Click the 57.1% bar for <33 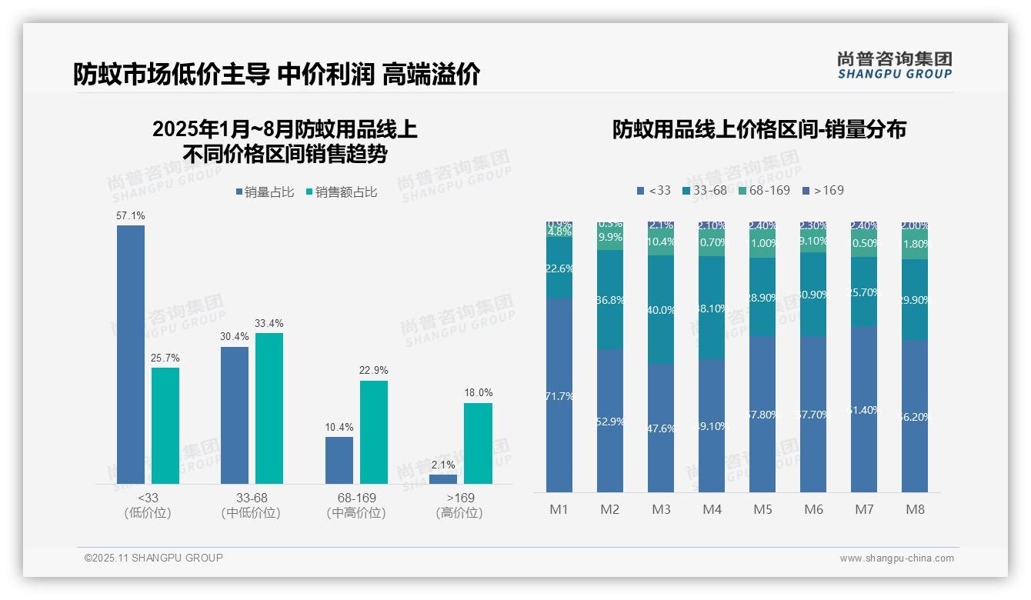pyautogui.click(x=131, y=354)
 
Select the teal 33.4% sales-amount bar pyautogui.click(x=269, y=408)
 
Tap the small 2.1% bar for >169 pyautogui.click(x=443, y=479)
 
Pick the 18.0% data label pyautogui.click(x=478, y=392)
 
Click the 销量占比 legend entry pyautogui.click(x=265, y=192)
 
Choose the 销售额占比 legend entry pyautogui.click(x=342, y=192)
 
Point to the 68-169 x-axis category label pyautogui.click(x=356, y=505)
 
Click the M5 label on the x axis pyautogui.click(x=762, y=509)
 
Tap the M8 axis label pyautogui.click(x=915, y=509)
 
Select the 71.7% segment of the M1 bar pyautogui.click(x=559, y=396)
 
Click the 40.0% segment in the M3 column pyautogui.click(x=661, y=310)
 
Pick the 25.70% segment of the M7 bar pyautogui.click(x=864, y=292)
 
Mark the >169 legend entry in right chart pyautogui.click(x=822, y=190)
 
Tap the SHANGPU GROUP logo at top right pyautogui.click(x=894, y=65)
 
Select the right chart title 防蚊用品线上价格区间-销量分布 pyautogui.click(x=759, y=129)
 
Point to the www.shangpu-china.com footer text pyautogui.click(x=896, y=558)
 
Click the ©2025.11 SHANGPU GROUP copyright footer pyautogui.click(x=154, y=558)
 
